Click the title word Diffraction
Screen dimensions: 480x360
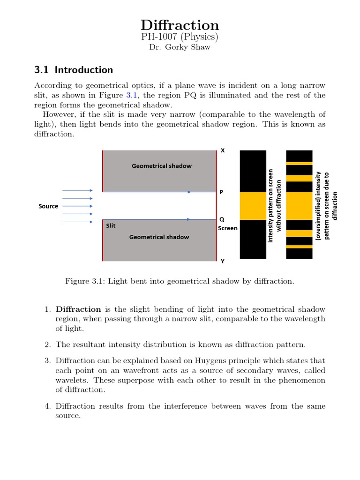(180, 25)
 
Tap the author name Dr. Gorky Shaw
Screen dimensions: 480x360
(180, 47)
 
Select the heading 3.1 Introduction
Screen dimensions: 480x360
(74, 70)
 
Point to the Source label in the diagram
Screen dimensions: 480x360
(48, 206)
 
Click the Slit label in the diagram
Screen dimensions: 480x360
(111, 225)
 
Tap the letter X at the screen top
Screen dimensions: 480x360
(223, 150)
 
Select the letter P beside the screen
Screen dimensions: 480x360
(222, 192)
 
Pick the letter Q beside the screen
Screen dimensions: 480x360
(222, 219)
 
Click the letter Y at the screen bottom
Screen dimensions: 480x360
(222, 261)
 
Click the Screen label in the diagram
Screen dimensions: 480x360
(227, 228)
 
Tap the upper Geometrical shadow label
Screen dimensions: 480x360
(161, 165)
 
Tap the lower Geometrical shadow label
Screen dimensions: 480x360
(159, 237)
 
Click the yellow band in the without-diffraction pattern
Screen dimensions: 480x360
(253, 206)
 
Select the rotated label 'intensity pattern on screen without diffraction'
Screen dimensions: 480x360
(274, 205)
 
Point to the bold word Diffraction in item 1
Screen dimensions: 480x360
(78, 309)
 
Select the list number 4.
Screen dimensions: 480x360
(47, 406)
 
